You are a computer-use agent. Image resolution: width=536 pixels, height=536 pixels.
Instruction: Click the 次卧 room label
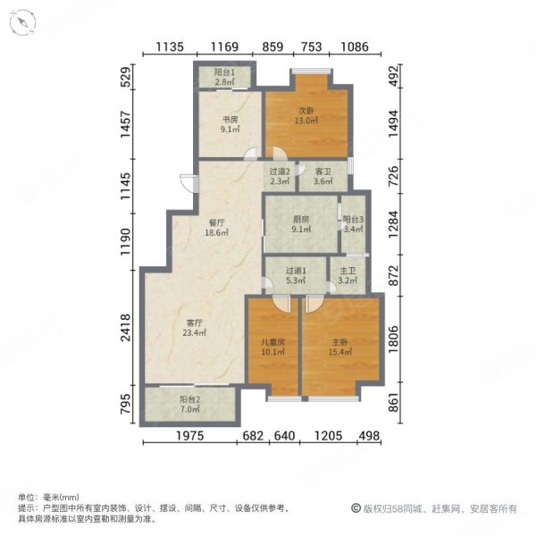[x=306, y=113]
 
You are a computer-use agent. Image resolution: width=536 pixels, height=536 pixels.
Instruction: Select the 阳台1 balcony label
[x=225, y=72]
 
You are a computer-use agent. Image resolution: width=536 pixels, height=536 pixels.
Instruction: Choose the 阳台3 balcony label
[x=353, y=219]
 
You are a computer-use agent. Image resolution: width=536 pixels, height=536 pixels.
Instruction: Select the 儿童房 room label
[x=272, y=342]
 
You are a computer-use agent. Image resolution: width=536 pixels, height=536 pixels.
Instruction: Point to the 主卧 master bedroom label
[x=338, y=342]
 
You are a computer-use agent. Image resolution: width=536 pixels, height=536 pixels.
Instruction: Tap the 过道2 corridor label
[x=278, y=172]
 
